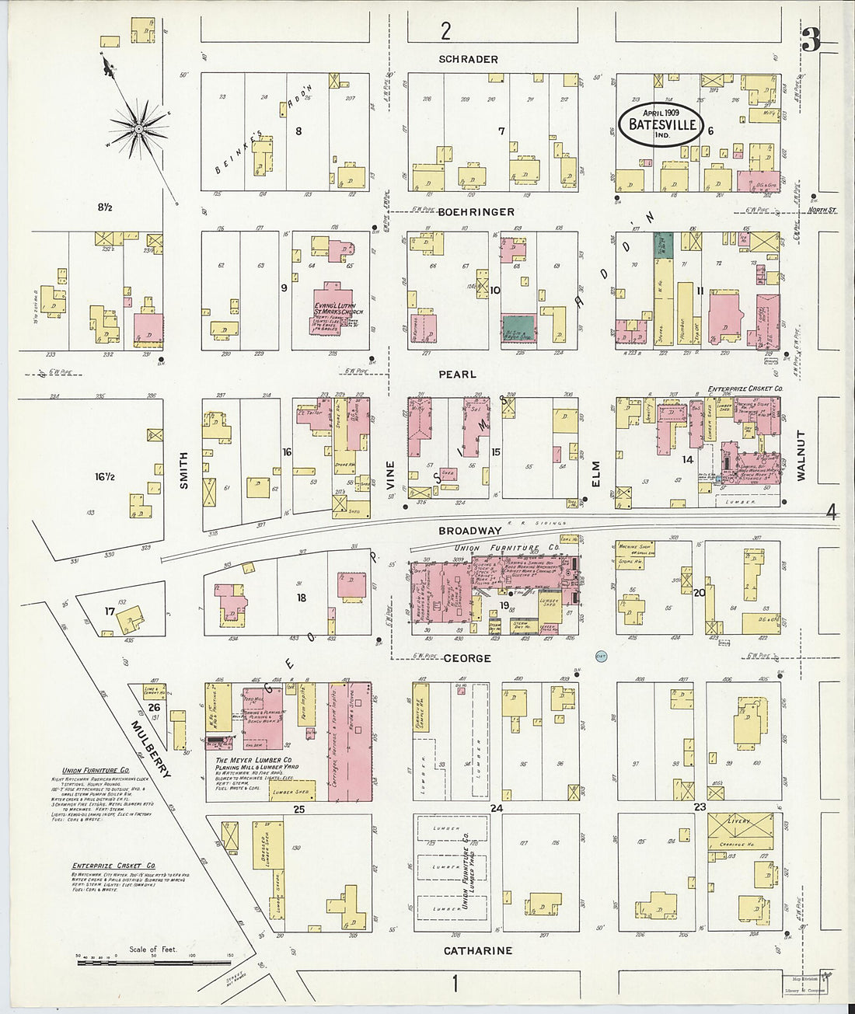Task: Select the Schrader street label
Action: tap(467, 59)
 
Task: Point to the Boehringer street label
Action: tap(476, 211)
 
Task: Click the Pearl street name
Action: tap(457, 375)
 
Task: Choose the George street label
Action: tap(467, 658)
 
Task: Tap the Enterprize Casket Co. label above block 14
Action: tap(744, 388)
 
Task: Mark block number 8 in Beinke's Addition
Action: tap(298, 131)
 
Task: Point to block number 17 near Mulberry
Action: tap(109, 612)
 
